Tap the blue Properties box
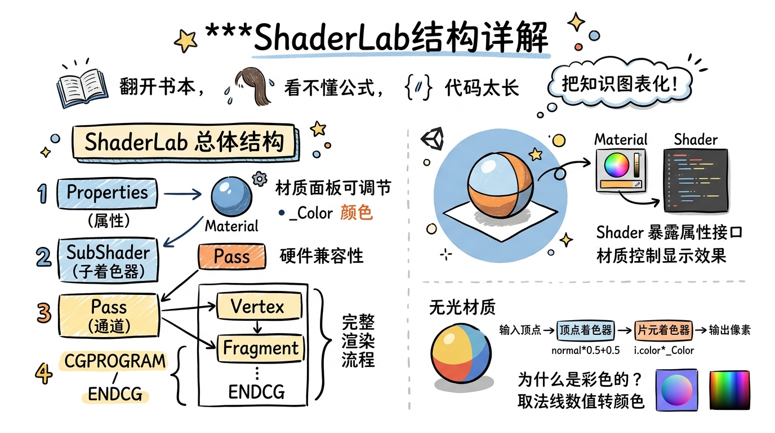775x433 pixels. pyautogui.click(x=107, y=193)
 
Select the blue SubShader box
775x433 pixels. pyautogui.click(x=108, y=259)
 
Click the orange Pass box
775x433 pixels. pyautogui.click(x=231, y=257)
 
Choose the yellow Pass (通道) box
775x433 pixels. pyautogui.click(x=109, y=315)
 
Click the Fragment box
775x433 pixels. pyautogui.click(x=260, y=348)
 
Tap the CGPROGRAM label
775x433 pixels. pyautogui.click(x=115, y=361)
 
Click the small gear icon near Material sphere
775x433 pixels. pyautogui.click(x=259, y=179)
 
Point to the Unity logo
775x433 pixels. pyautogui.click(x=433, y=138)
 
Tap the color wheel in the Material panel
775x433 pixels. pyautogui.click(x=616, y=165)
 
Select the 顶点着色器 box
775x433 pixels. pyautogui.click(x=585, y=330)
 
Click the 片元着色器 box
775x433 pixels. pyautogui.click(x=662, y=330)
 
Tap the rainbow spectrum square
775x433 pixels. pyautogui.click(x=730, y=390)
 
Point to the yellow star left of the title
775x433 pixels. pyautogui.click(x=185, y=41)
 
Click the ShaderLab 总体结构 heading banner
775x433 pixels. pyautogui.click(x=184, y=142)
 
